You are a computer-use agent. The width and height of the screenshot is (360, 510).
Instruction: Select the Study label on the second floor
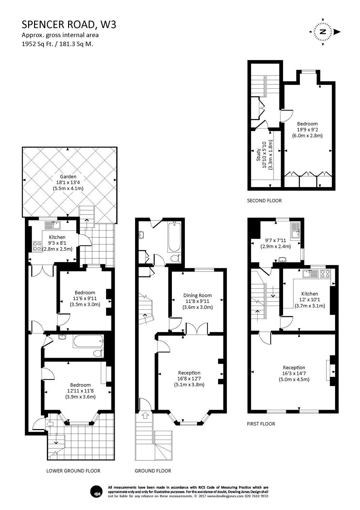point(259,155)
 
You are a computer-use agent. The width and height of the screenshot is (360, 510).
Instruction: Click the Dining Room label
point(197,295)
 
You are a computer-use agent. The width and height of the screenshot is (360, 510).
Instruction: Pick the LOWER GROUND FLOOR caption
point(73,471)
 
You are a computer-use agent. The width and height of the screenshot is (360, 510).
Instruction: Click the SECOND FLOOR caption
point(264,201)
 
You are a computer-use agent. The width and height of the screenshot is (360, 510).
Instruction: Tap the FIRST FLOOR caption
point(261,424)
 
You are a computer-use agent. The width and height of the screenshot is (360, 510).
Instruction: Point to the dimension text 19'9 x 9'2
point(307,130)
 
